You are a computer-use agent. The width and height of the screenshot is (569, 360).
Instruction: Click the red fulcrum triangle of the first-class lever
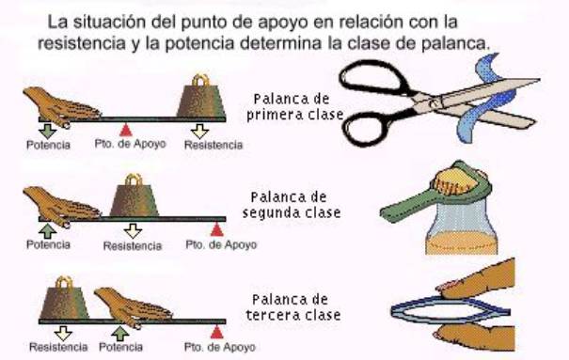pyautogui.click(x=126, y=130)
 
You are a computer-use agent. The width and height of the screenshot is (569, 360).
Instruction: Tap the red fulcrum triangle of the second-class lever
pyautogui.click(x=216, y=229)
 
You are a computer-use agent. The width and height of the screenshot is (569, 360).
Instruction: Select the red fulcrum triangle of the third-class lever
pyautogui.click(x=216, y=332)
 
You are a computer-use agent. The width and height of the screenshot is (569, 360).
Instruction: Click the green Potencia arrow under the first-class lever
pyautogui.click(x=47, y=131)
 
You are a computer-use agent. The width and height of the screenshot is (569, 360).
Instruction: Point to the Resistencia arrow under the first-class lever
pyautogui.click(x=199, y=131)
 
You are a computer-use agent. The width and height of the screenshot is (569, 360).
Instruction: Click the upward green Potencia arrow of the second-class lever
pyautogui.click(x=48, y=231)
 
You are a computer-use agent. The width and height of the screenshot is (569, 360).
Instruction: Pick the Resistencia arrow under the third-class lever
pyautogui.click(x=64, y=333)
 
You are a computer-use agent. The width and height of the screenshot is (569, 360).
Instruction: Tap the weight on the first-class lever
pyautogui.click(x=200, y=96)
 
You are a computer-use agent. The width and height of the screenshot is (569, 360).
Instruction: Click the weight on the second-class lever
pyautogui.click(x=134, y=196)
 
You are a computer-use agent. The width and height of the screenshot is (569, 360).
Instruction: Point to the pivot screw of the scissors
pyautogui.click(x=433, y=102)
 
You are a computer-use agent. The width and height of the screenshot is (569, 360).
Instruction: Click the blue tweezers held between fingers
pyautogui.click(x=450, y=311)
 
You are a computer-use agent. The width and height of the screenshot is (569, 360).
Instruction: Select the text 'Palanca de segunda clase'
pyautogui.click(x=292, y=205)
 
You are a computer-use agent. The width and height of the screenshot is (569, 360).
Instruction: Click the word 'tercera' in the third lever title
pyautogui.click(x=272, y=315)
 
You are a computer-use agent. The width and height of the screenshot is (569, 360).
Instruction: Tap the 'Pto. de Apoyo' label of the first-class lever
pyautogui.click(x=131, y=144)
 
